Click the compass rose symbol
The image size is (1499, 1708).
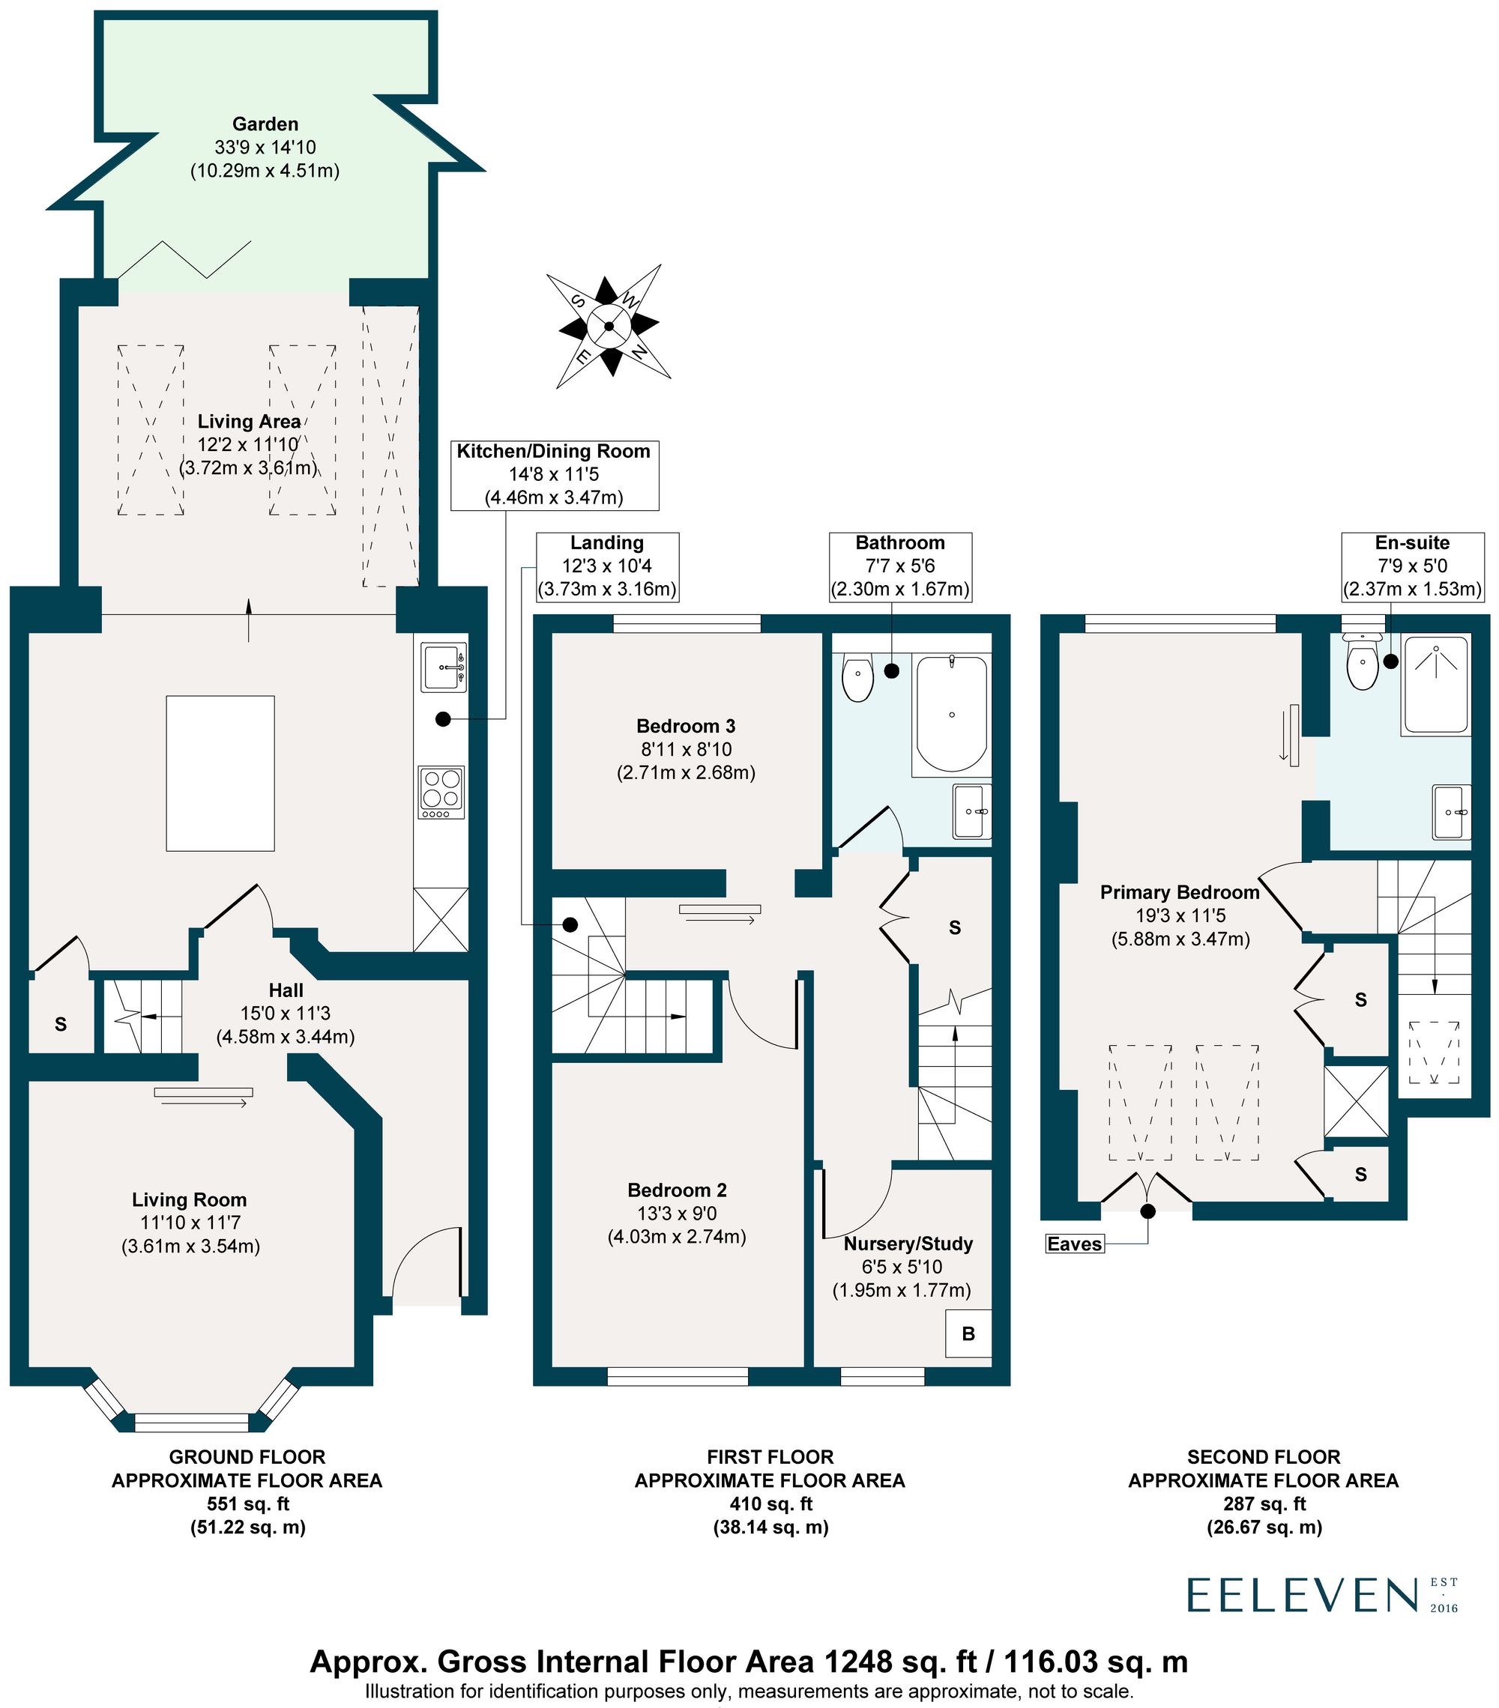[608, 326]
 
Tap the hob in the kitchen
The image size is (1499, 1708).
[441, 792]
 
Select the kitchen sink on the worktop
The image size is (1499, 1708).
[442, 667]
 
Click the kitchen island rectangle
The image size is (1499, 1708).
[220, 773]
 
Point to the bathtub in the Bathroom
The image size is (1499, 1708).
[950, 715]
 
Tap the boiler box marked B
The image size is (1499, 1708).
[968, 1333]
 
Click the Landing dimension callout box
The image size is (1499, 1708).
[606, 566]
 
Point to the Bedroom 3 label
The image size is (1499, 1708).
[685, 726]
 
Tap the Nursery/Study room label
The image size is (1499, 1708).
[907, 1244]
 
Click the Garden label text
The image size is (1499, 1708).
[265, 124]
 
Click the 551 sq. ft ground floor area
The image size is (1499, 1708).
[247, 1503]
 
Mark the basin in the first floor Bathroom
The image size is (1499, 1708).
[971, 811]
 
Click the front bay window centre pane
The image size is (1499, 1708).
[191, 1423]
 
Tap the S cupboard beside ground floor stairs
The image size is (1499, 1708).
[60, 1023]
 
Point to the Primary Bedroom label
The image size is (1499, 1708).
[1179, 892]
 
